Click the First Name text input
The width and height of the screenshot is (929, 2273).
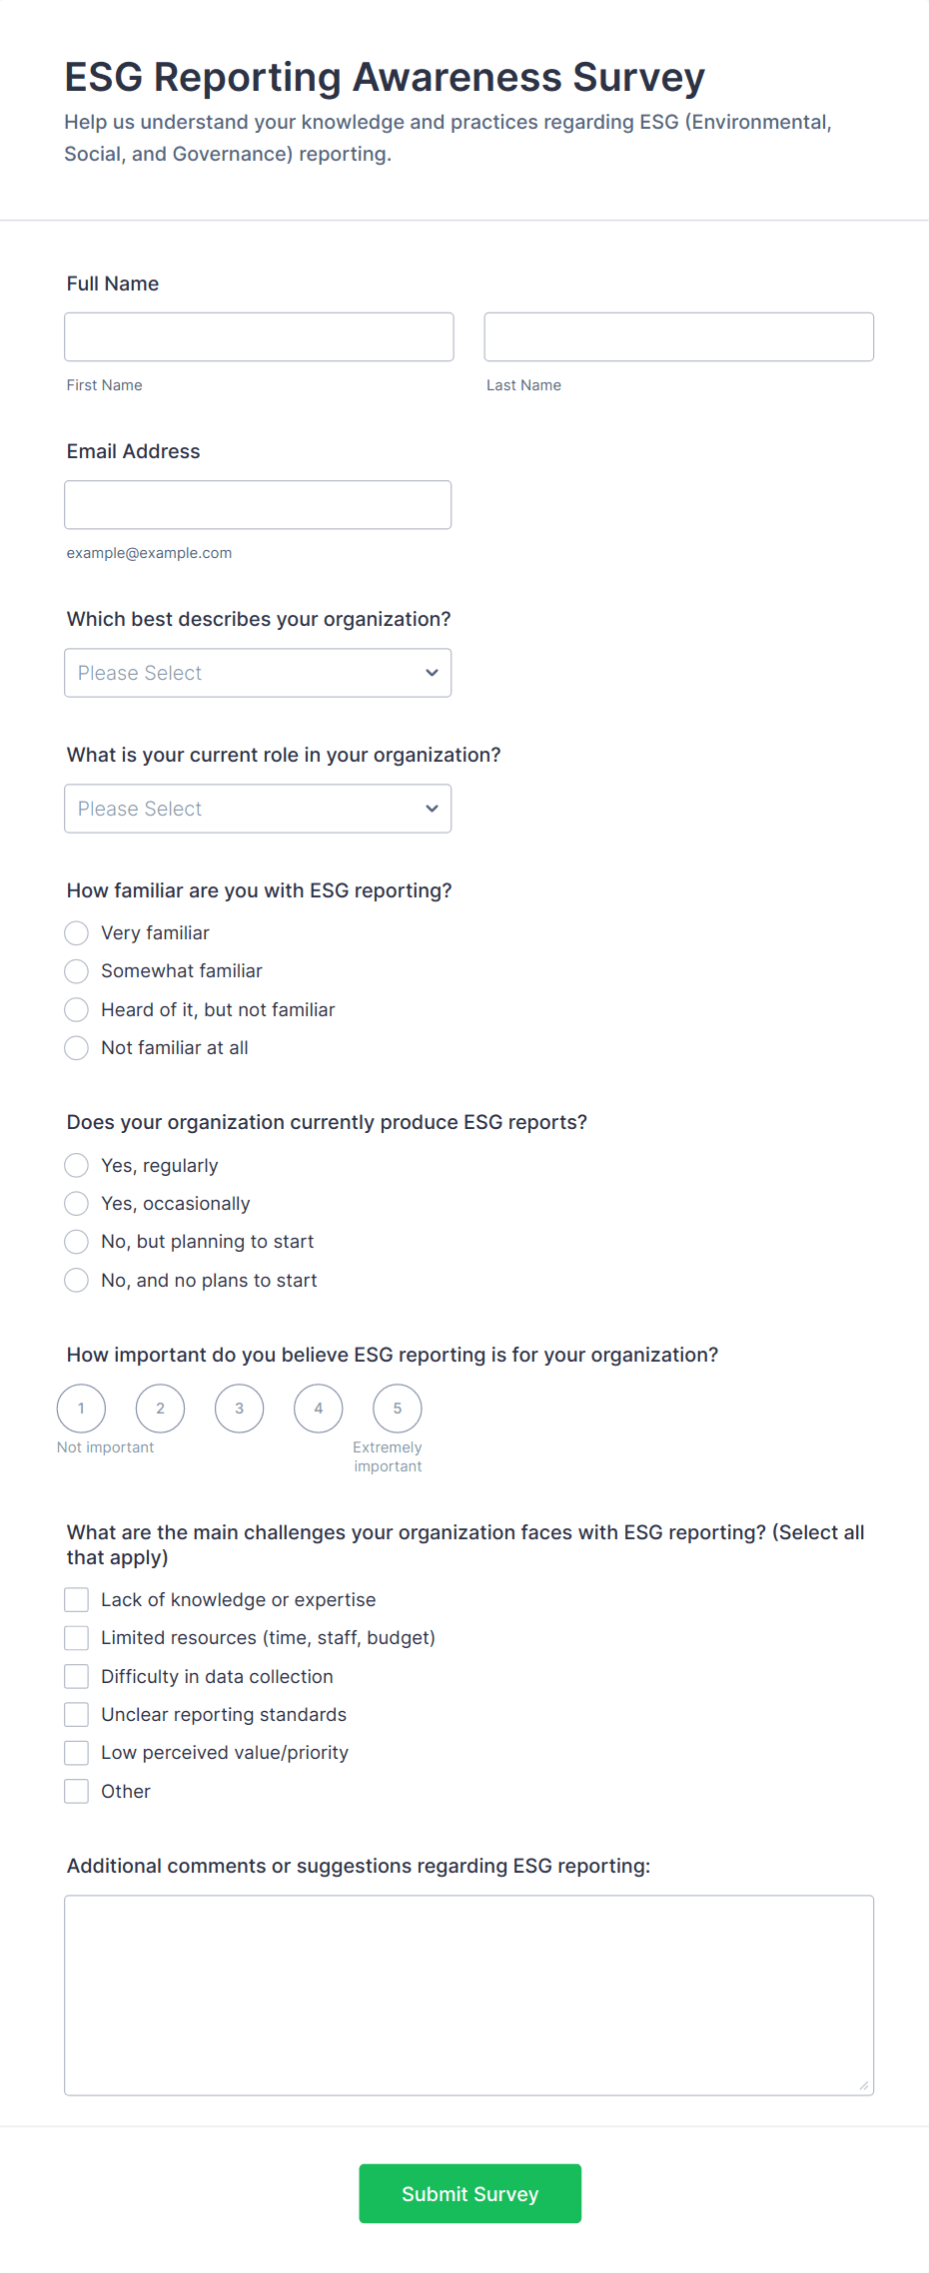click(x=259, y=336)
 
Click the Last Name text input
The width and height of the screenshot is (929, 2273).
click(x=678, y=336)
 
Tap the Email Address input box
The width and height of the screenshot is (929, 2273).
click(x=258, y=504)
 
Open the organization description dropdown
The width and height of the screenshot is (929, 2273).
click(x=258, y=673)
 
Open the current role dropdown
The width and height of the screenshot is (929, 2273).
click(x=258, y=809)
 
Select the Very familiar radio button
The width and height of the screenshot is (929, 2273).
click(x=77, y=933)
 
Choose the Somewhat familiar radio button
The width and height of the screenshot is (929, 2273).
click(x=77, y=971)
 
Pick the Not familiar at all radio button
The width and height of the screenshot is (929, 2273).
click(x=77, y=1048)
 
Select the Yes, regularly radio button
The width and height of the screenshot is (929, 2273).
click(x=77, y=1166)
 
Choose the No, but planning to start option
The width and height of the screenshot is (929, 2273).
click(x=77, y=1242)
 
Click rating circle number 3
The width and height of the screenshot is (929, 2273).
click(x=240, y=1409)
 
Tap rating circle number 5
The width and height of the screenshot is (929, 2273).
click(x=398, y=1409)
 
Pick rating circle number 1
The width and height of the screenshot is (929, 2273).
click(x=82, y=1409)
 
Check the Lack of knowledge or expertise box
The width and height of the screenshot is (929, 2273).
click(x=77, y=1600)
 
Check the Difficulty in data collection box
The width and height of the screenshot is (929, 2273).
click(x=77, y=1677)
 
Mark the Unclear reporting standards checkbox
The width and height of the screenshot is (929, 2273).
click(x=77, y=1715)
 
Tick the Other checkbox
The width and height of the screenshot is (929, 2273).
click(x=77, y=1792)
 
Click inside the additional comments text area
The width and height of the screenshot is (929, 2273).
click(x=468, y=1994)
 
